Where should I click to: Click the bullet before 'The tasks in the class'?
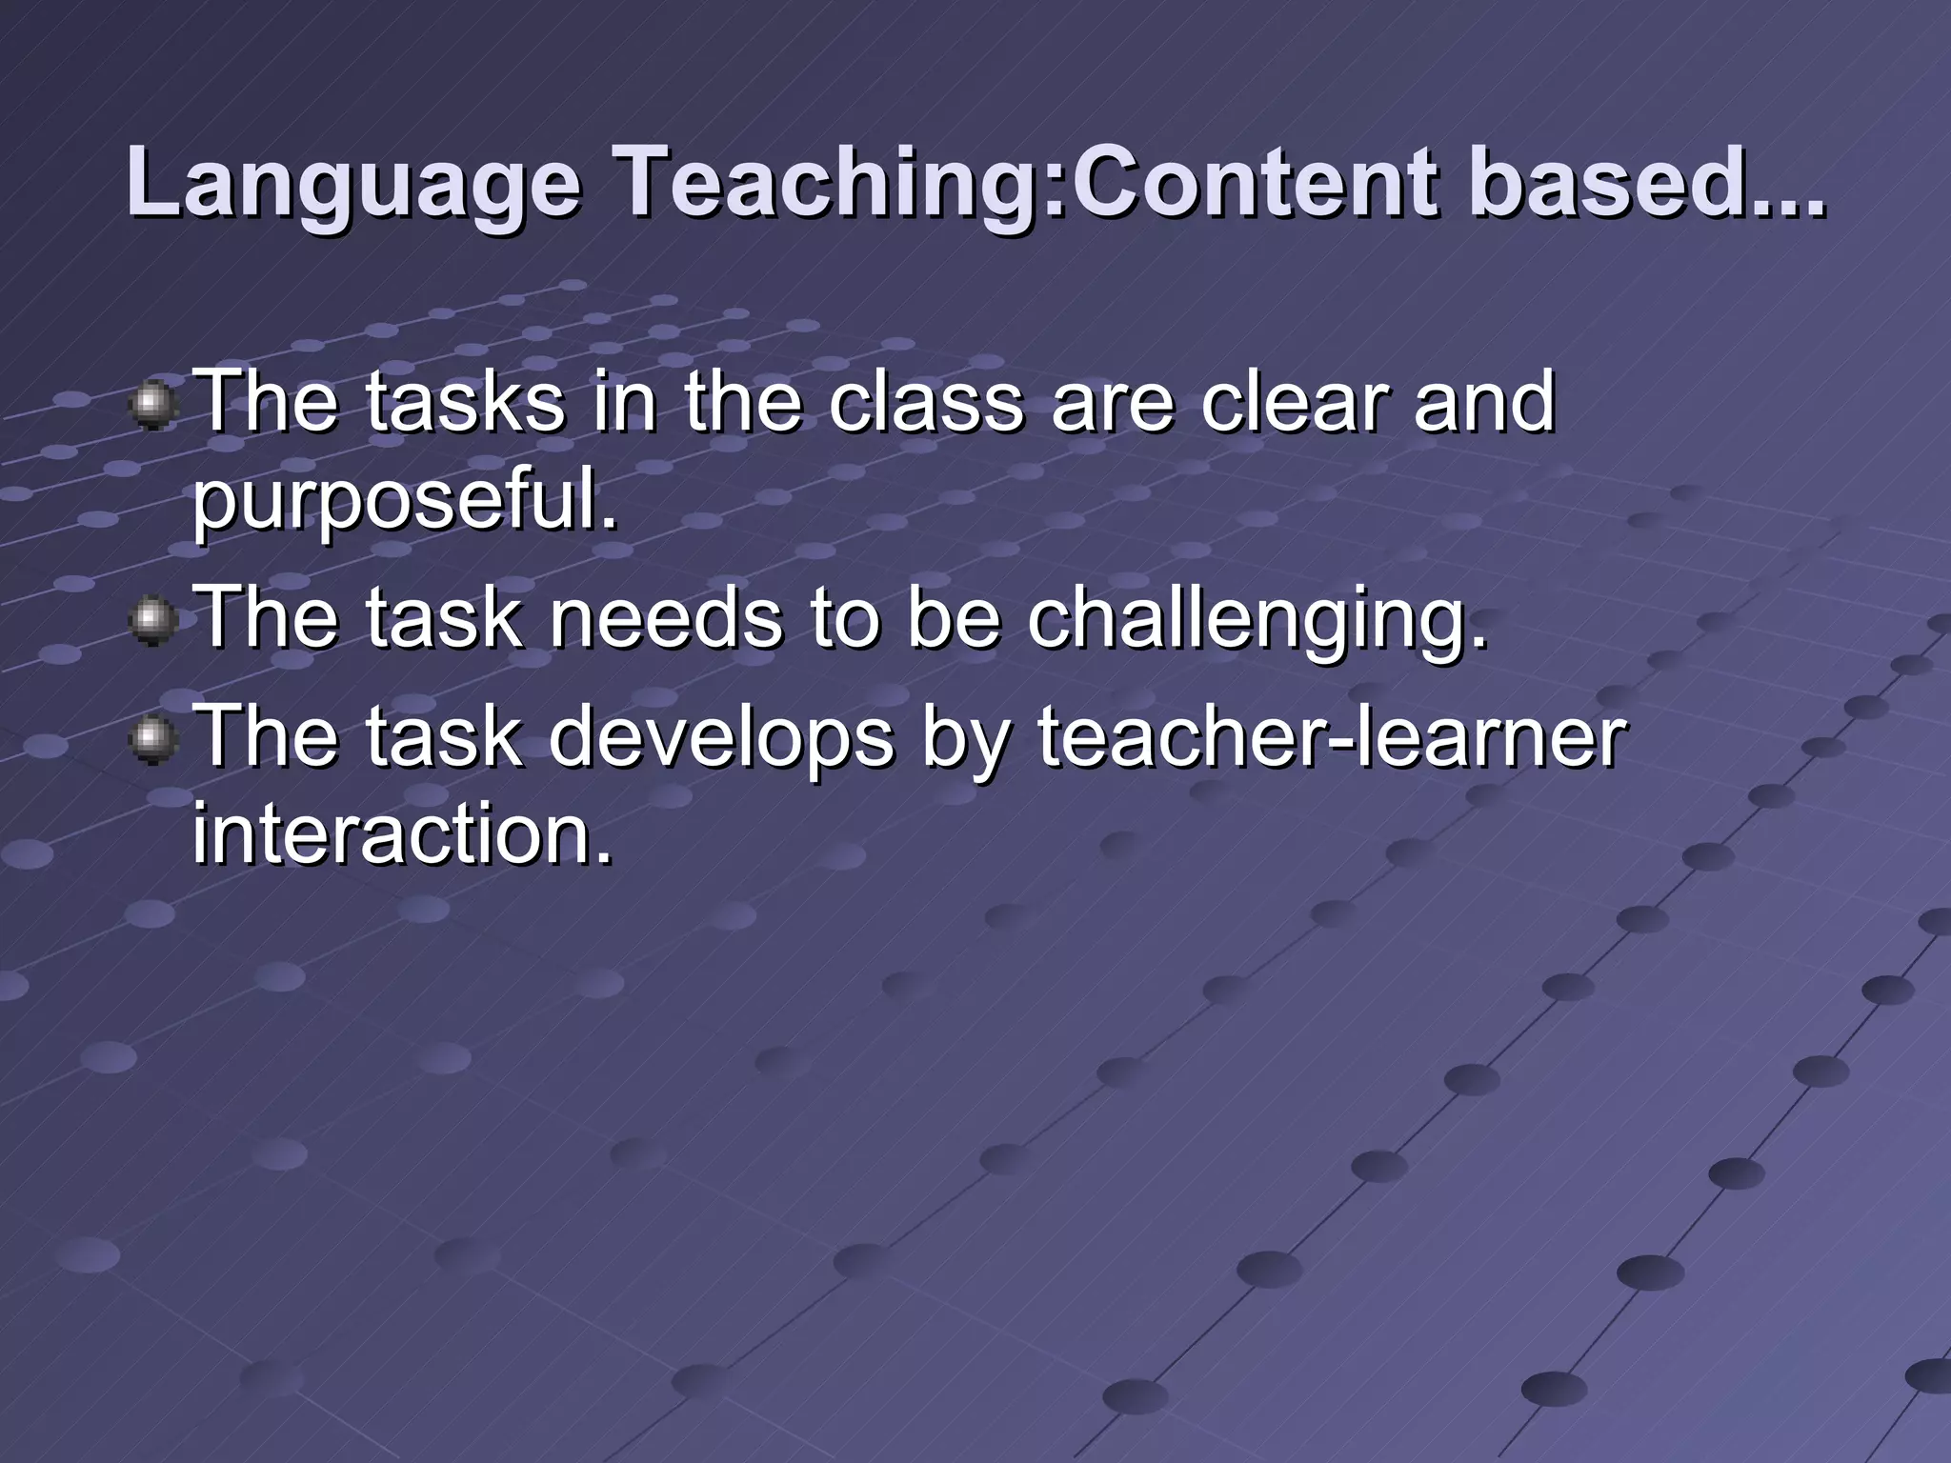[152, 407]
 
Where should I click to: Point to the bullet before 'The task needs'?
[152, 622]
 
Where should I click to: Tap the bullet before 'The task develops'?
[152, 740]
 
